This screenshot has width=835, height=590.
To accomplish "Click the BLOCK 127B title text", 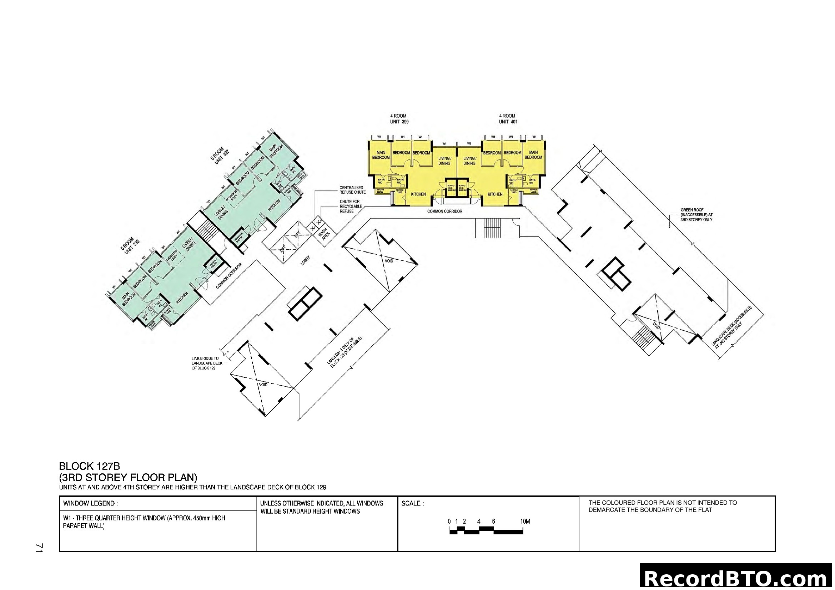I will (x=90, y=466).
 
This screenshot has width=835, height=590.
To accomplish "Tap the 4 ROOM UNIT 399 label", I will (x=399, y=119).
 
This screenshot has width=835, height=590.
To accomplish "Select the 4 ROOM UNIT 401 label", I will (x=508, y=119).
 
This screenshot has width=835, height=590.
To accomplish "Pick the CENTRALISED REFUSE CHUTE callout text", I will (x=352, y=190).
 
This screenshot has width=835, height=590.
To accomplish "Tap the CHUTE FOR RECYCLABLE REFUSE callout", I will (x=351, y=206).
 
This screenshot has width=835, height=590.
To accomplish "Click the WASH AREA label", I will (x=324, y=235).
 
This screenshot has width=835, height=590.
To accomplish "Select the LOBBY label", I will (x=306, y=260).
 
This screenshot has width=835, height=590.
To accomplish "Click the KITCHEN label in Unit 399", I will (x=418, y=194).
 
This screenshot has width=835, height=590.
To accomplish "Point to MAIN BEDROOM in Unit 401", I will (x=533, y=155).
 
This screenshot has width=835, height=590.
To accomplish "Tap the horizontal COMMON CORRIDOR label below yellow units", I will (x=444, y=211).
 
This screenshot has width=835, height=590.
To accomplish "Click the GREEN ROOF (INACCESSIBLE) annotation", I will (x=696, y=215).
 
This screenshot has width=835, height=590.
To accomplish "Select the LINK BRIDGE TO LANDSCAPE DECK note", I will (x=205, y=363).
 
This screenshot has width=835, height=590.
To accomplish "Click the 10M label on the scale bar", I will (x=525, y=522).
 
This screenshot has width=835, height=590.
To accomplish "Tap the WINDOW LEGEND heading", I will (x=90, y=504).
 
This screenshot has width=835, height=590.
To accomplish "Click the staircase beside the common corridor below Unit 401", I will (x=489, y=228).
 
